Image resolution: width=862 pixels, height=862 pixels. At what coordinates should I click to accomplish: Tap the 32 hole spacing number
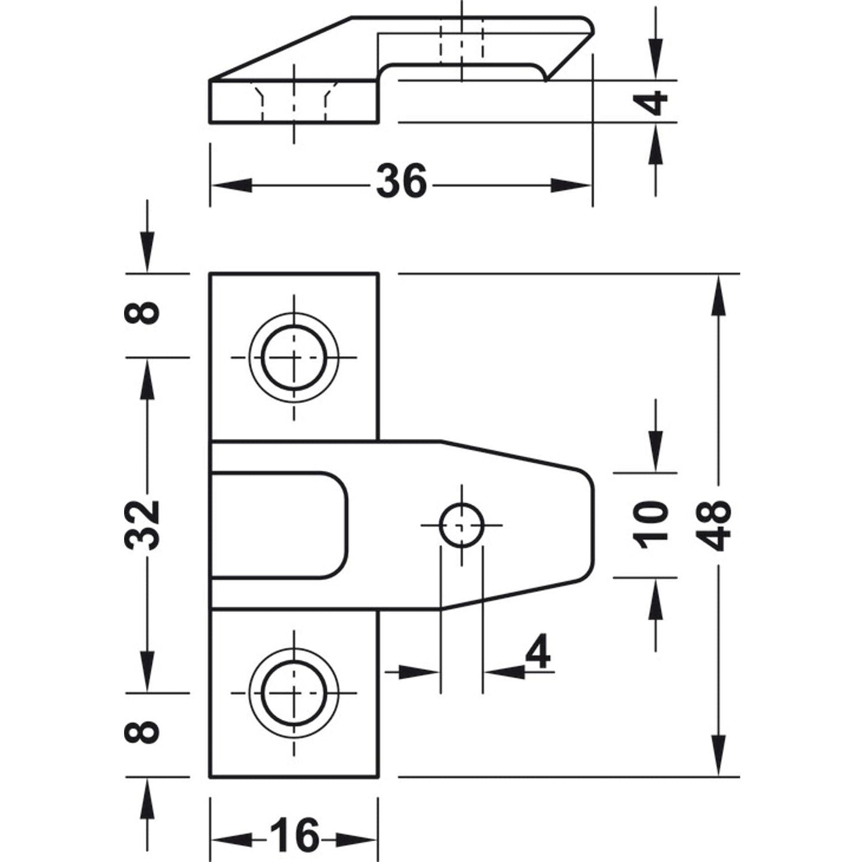143,525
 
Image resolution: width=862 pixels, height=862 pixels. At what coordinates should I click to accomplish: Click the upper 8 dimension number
143,312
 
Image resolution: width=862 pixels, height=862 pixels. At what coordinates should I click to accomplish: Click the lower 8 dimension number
143,732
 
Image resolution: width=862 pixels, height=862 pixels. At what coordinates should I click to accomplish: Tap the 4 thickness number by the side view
656,102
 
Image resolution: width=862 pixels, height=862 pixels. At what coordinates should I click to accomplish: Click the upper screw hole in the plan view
293,357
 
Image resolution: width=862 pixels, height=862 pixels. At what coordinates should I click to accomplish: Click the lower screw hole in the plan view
293,693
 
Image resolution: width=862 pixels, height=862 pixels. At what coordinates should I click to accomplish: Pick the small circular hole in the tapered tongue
461,525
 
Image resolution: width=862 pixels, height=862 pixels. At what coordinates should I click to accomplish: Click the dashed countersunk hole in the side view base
294,101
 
